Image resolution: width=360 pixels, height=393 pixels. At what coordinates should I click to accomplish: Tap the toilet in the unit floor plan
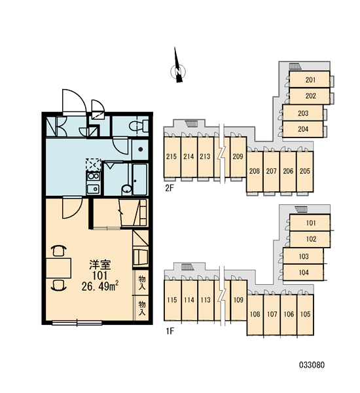[x=139, y=126]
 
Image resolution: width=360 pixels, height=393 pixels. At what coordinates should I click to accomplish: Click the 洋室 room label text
[x=100, y=265]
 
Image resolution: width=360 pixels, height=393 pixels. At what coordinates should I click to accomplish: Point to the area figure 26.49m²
[x=100, y=286]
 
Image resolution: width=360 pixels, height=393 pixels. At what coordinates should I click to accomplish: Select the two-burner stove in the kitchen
[x=94, y=176]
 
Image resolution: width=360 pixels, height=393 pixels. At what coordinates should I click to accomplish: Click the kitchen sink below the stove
[x=94, y=189]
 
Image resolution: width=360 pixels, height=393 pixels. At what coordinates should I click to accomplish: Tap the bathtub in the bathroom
[x=139, y=179]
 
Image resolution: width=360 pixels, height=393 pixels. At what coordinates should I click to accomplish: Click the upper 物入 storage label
[x=142, y=282]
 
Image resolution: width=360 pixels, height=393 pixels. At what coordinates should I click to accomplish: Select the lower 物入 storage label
[x=142, y=309]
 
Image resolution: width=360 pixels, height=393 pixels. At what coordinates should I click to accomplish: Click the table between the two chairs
[x=59, y=268]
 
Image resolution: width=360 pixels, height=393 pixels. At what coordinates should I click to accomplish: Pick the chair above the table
[x=59, y=251]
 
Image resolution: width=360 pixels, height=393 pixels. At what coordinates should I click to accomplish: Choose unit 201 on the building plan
[x=310, y=79]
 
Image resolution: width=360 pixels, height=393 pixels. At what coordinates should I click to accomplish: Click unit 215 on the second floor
[x=172, y=157]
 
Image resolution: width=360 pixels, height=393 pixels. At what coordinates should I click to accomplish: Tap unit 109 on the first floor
[x=238, y=300]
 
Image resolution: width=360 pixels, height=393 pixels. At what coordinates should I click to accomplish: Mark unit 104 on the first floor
[x=303, y=272]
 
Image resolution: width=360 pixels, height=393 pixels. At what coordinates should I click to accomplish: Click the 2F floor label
[x=170, y=188]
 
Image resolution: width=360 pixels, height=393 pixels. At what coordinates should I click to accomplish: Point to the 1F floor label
[x=170, y=331]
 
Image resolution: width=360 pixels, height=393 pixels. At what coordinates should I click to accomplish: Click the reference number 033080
[x=312, y=365]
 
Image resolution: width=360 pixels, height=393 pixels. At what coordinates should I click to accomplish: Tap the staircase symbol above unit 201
[x=295, y=66]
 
